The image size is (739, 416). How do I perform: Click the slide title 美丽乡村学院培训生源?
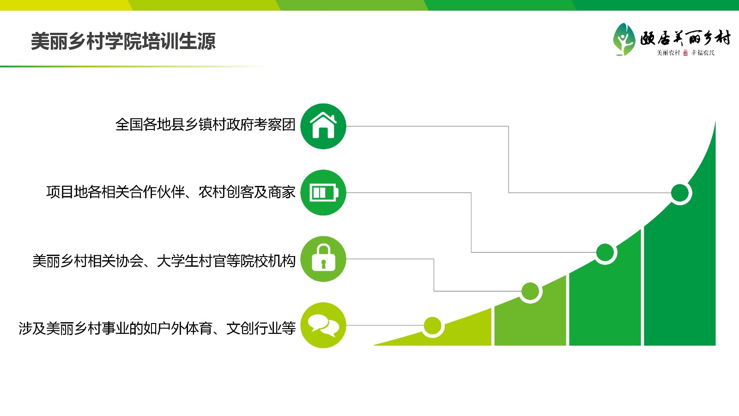tap(123, 41)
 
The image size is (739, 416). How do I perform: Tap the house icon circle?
tap(323, 126)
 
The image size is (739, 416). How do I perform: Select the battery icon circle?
tap(323, 192)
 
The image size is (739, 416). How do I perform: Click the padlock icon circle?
tap(323, 259)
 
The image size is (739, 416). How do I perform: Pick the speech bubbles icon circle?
tap(323, 325)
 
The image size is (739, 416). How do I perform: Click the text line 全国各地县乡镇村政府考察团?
tap(205, 125)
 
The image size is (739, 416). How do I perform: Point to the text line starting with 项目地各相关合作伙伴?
tap(170, 192)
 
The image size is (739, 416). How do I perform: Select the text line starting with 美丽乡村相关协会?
tap(164, 261)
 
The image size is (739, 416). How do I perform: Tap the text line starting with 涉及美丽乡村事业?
tap(157, 328)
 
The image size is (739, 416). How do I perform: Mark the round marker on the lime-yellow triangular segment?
tap(432, 326)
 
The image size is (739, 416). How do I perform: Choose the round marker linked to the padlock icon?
tap(530, 292)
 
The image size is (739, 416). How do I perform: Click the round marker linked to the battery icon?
tap(605, 253)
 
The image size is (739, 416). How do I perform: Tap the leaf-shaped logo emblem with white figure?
tap(624, 39)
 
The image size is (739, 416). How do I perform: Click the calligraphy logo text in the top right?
tap(685, 38)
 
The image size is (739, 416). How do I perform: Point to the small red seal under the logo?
tap(685, 53)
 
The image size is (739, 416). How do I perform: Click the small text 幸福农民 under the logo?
tap(703, 53)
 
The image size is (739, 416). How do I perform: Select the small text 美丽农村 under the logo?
tap(668, 53)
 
